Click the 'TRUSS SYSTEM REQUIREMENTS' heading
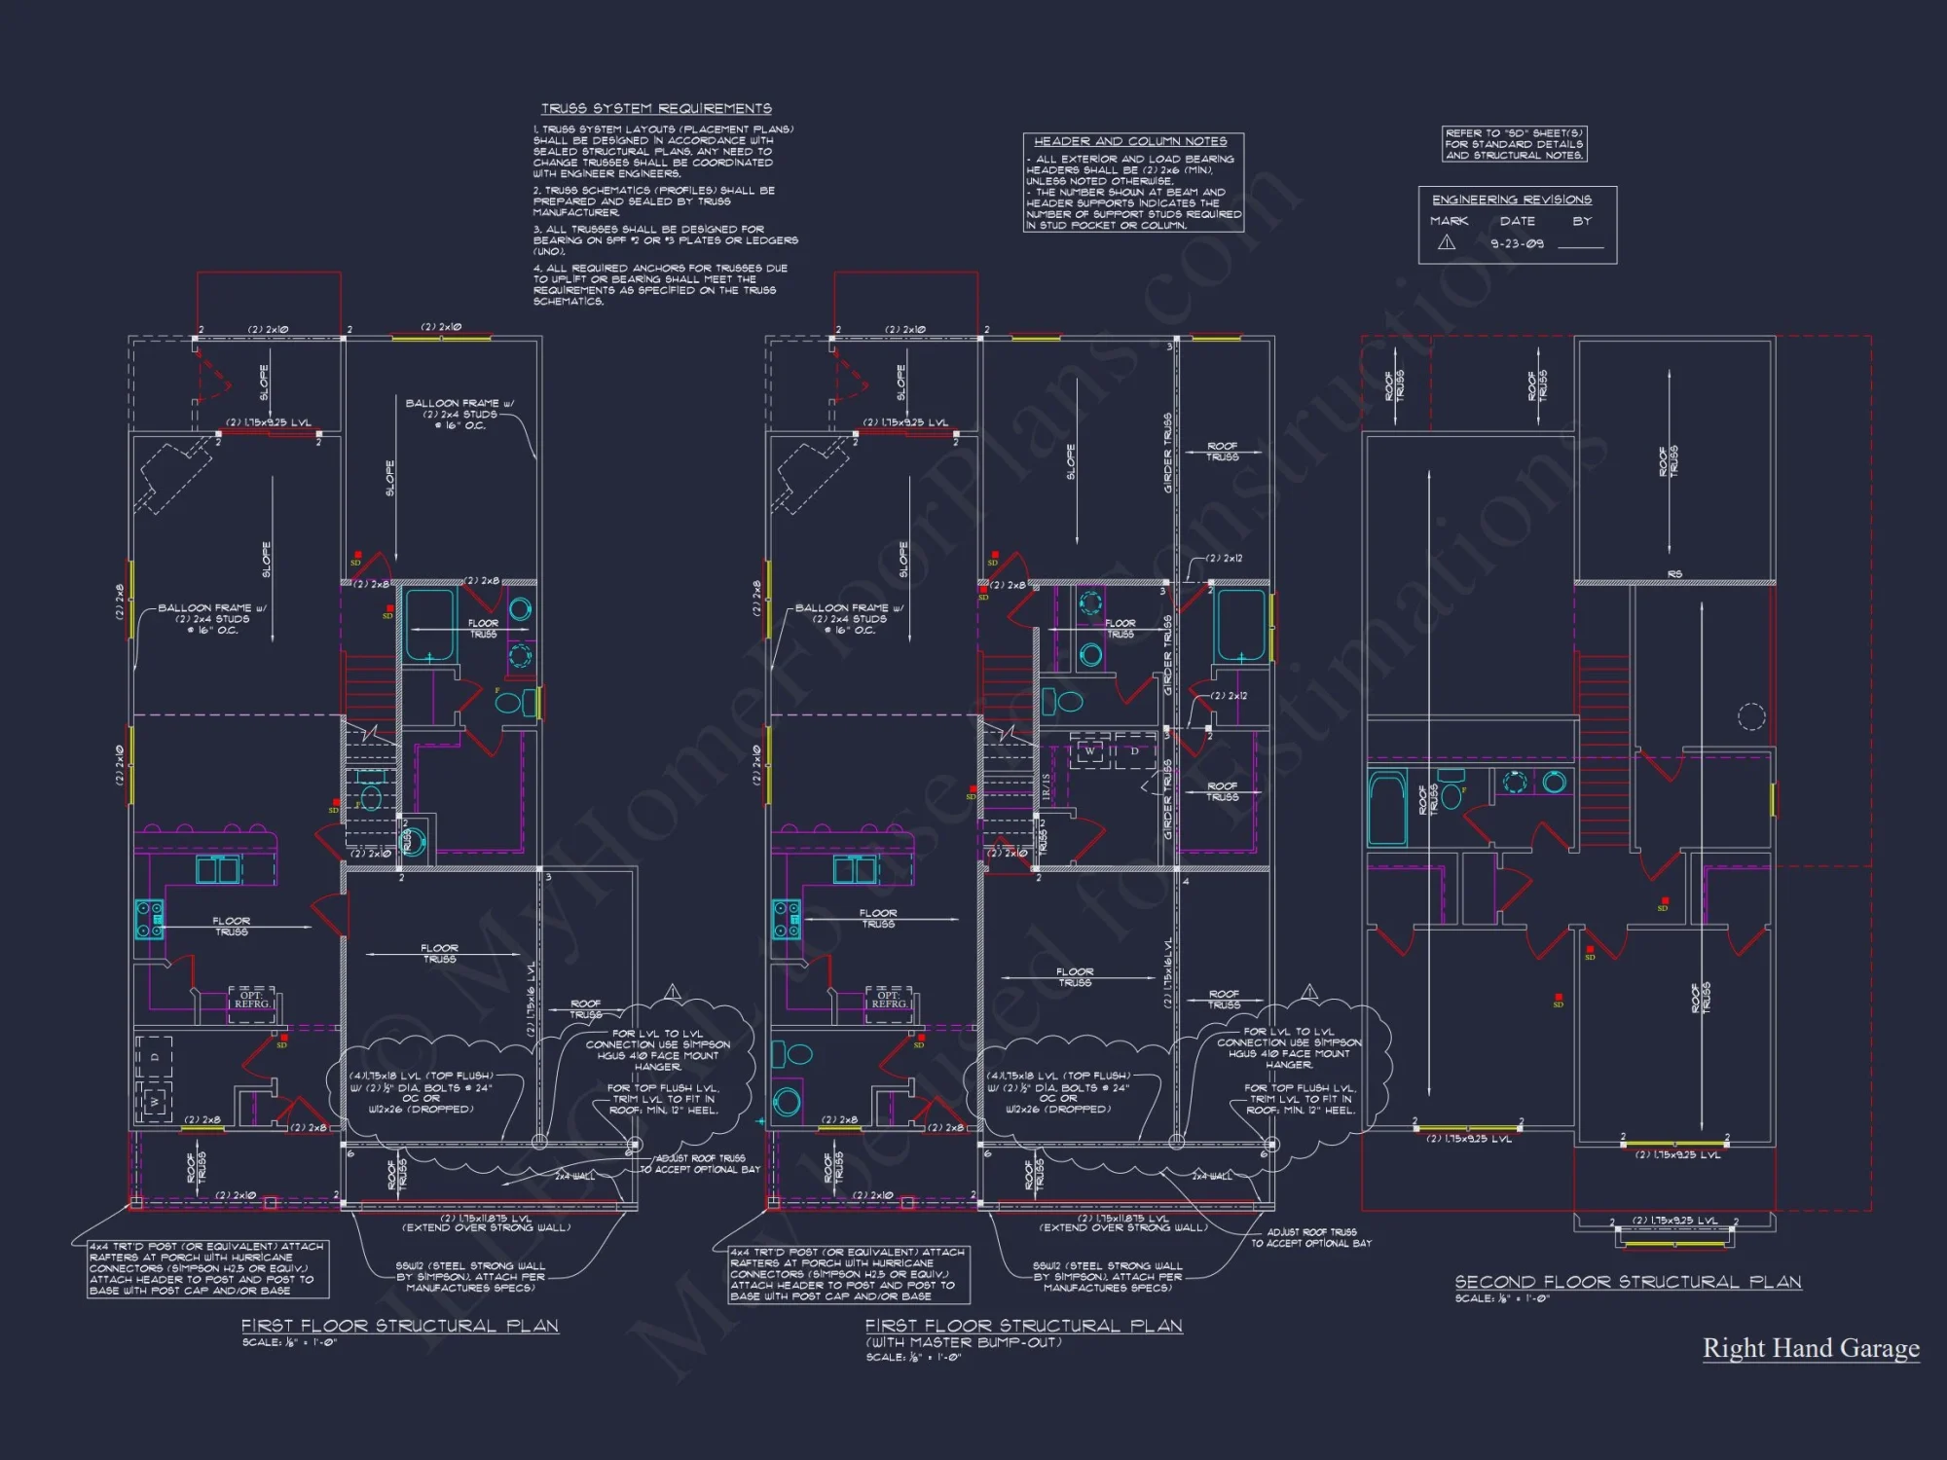656,108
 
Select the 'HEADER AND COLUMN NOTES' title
1130,141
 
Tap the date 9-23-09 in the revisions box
1517,243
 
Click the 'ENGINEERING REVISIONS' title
1511,200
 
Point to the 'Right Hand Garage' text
1811,1348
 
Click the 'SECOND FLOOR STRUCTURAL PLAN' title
1628,1282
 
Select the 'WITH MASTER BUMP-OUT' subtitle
963,1342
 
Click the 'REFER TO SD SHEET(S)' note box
1514,144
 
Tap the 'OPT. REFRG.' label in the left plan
252,1000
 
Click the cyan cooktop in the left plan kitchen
149,919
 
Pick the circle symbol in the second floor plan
1751,716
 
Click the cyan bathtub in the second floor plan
1386,807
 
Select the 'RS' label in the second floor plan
1674,574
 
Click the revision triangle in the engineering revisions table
1447,243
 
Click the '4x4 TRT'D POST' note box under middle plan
849,1274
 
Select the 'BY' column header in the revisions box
1582,221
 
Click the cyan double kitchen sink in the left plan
217,869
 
